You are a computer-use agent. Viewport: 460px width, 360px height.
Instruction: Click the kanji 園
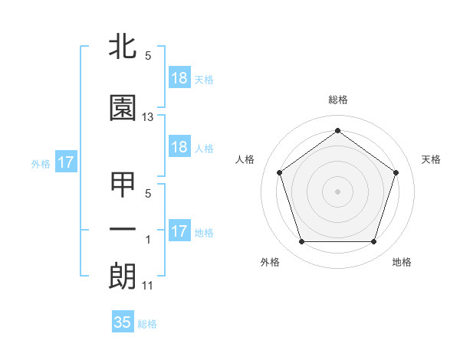point(123,108)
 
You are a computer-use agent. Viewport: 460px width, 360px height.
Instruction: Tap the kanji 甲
point(123,185)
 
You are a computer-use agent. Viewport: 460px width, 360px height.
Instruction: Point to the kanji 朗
point(123,276)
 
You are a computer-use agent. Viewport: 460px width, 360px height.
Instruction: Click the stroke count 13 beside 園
point(148,117)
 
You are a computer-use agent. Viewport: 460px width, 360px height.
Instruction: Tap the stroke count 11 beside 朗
point(148,286)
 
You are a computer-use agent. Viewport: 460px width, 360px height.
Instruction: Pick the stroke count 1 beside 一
point(148,241)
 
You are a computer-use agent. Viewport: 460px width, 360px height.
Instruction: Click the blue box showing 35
point(123,322)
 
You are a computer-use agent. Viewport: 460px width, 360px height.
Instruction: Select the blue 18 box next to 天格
point(179,78)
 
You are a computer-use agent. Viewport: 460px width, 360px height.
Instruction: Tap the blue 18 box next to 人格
point(179,147)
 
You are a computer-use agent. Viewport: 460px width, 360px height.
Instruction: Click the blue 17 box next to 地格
point(179,231)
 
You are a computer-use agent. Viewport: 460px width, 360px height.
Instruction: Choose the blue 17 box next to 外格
point(65,162)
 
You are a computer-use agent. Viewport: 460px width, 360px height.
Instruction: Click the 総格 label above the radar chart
point(338,100)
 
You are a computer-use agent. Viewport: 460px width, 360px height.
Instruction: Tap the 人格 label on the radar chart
point(245,159)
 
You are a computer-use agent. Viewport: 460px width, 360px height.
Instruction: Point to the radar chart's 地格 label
point(402,262)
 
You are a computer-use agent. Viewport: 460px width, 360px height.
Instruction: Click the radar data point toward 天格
point(396,172)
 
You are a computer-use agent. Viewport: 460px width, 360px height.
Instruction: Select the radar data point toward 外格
point(301,242)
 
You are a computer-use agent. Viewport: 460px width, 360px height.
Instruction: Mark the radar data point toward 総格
point(338,130)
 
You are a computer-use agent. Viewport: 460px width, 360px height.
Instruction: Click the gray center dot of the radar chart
point(338,191)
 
